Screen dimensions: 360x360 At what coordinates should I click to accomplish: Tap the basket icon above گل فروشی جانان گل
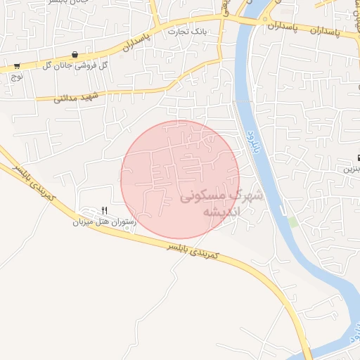(x=75, y=54)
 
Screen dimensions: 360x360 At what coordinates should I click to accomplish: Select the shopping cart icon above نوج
(x=16, y=66)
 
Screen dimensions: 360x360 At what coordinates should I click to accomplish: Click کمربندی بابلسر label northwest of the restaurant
(x=31, y=181)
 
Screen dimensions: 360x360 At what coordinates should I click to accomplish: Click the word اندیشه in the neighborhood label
(x=221, y=212)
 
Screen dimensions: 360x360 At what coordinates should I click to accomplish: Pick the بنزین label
(x=351, y=169)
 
